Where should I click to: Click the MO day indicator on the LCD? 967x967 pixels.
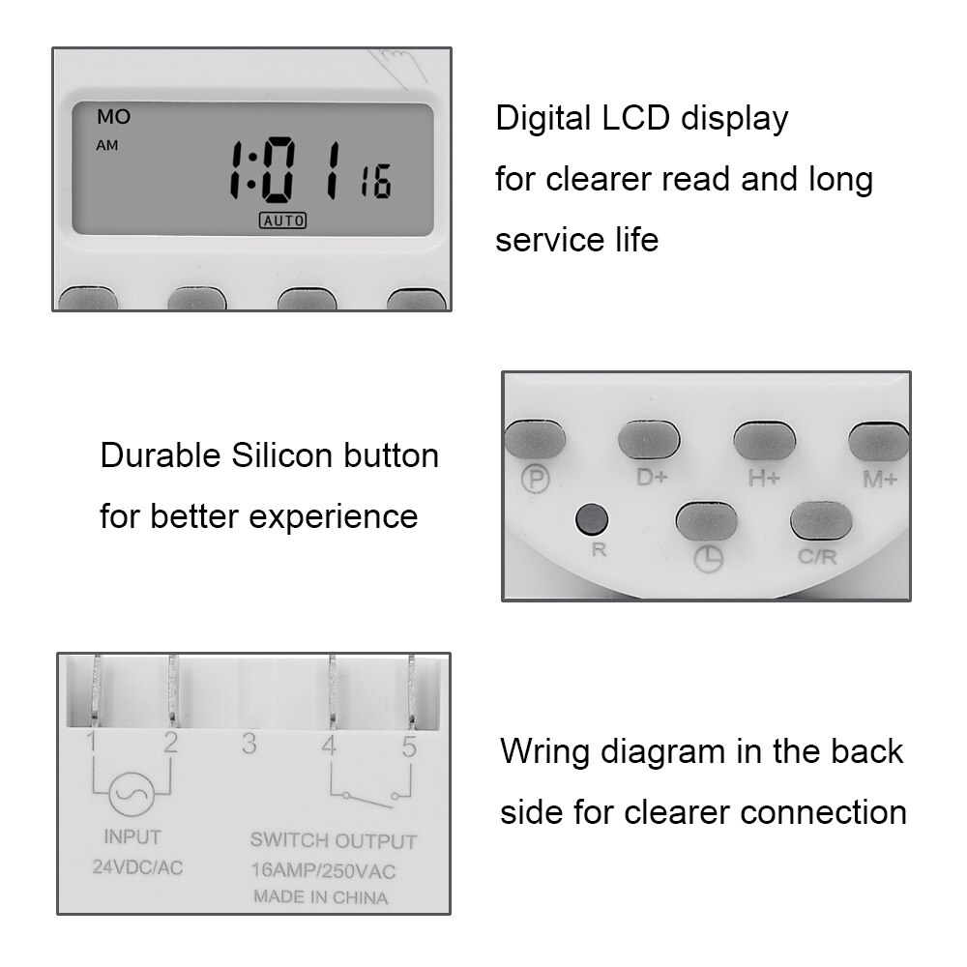(113, 118)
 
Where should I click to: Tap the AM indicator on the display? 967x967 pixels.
(106, 146)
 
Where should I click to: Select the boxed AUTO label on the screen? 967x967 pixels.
(282, 220)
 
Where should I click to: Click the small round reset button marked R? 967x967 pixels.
(590, 519)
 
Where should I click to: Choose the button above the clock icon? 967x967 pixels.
(706, 521)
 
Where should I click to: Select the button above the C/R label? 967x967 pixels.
(821, 521)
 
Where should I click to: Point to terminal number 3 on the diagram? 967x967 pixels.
(249, 744)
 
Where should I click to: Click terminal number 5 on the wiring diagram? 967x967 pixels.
(409, 746)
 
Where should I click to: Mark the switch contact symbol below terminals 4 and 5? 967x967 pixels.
(368, 796)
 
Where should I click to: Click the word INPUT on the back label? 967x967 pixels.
(132, 836)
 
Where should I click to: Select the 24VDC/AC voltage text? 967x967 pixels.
(137, 867)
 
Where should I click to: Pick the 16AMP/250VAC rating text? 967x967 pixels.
(323, 871)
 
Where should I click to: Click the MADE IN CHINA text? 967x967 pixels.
(320, 897)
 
